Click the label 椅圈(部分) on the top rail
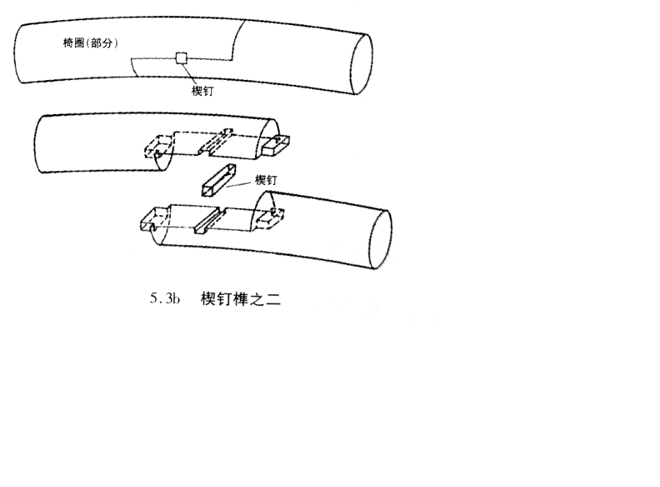point(90,43)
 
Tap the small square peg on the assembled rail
point(181,58)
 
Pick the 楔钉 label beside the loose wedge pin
point(267,180)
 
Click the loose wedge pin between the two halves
point(219,180)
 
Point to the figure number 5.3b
point(165,300)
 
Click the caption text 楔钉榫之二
point(240,300)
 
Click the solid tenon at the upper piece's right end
point(277,145)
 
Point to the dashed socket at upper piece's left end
point(157,147)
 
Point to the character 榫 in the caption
point(240,300)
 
